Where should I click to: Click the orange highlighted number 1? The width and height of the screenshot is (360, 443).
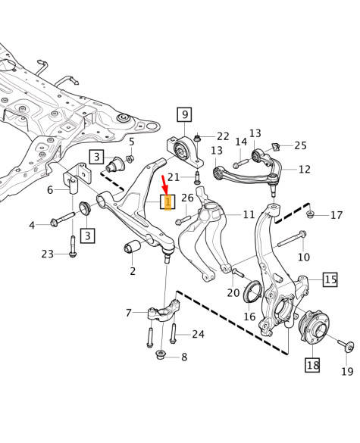tap(167, 202)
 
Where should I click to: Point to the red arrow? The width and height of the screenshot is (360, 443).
tap(164, 183)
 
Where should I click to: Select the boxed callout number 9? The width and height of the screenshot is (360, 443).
tap(185, 115)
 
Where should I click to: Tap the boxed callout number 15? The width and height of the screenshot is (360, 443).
tap(330, 279)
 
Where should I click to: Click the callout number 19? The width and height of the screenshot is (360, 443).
tap(346, 371)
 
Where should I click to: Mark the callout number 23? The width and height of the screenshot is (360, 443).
tap(48, 254)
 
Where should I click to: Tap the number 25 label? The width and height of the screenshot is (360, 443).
tap(300, 145)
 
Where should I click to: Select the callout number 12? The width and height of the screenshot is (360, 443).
tap(304, 170)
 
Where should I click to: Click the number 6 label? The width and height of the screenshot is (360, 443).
tap(50, 190)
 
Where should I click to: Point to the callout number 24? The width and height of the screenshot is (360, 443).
tap(198, 334)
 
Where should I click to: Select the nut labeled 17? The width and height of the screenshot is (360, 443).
tap(311, 215)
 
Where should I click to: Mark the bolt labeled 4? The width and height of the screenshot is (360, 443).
tap(60, 223)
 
